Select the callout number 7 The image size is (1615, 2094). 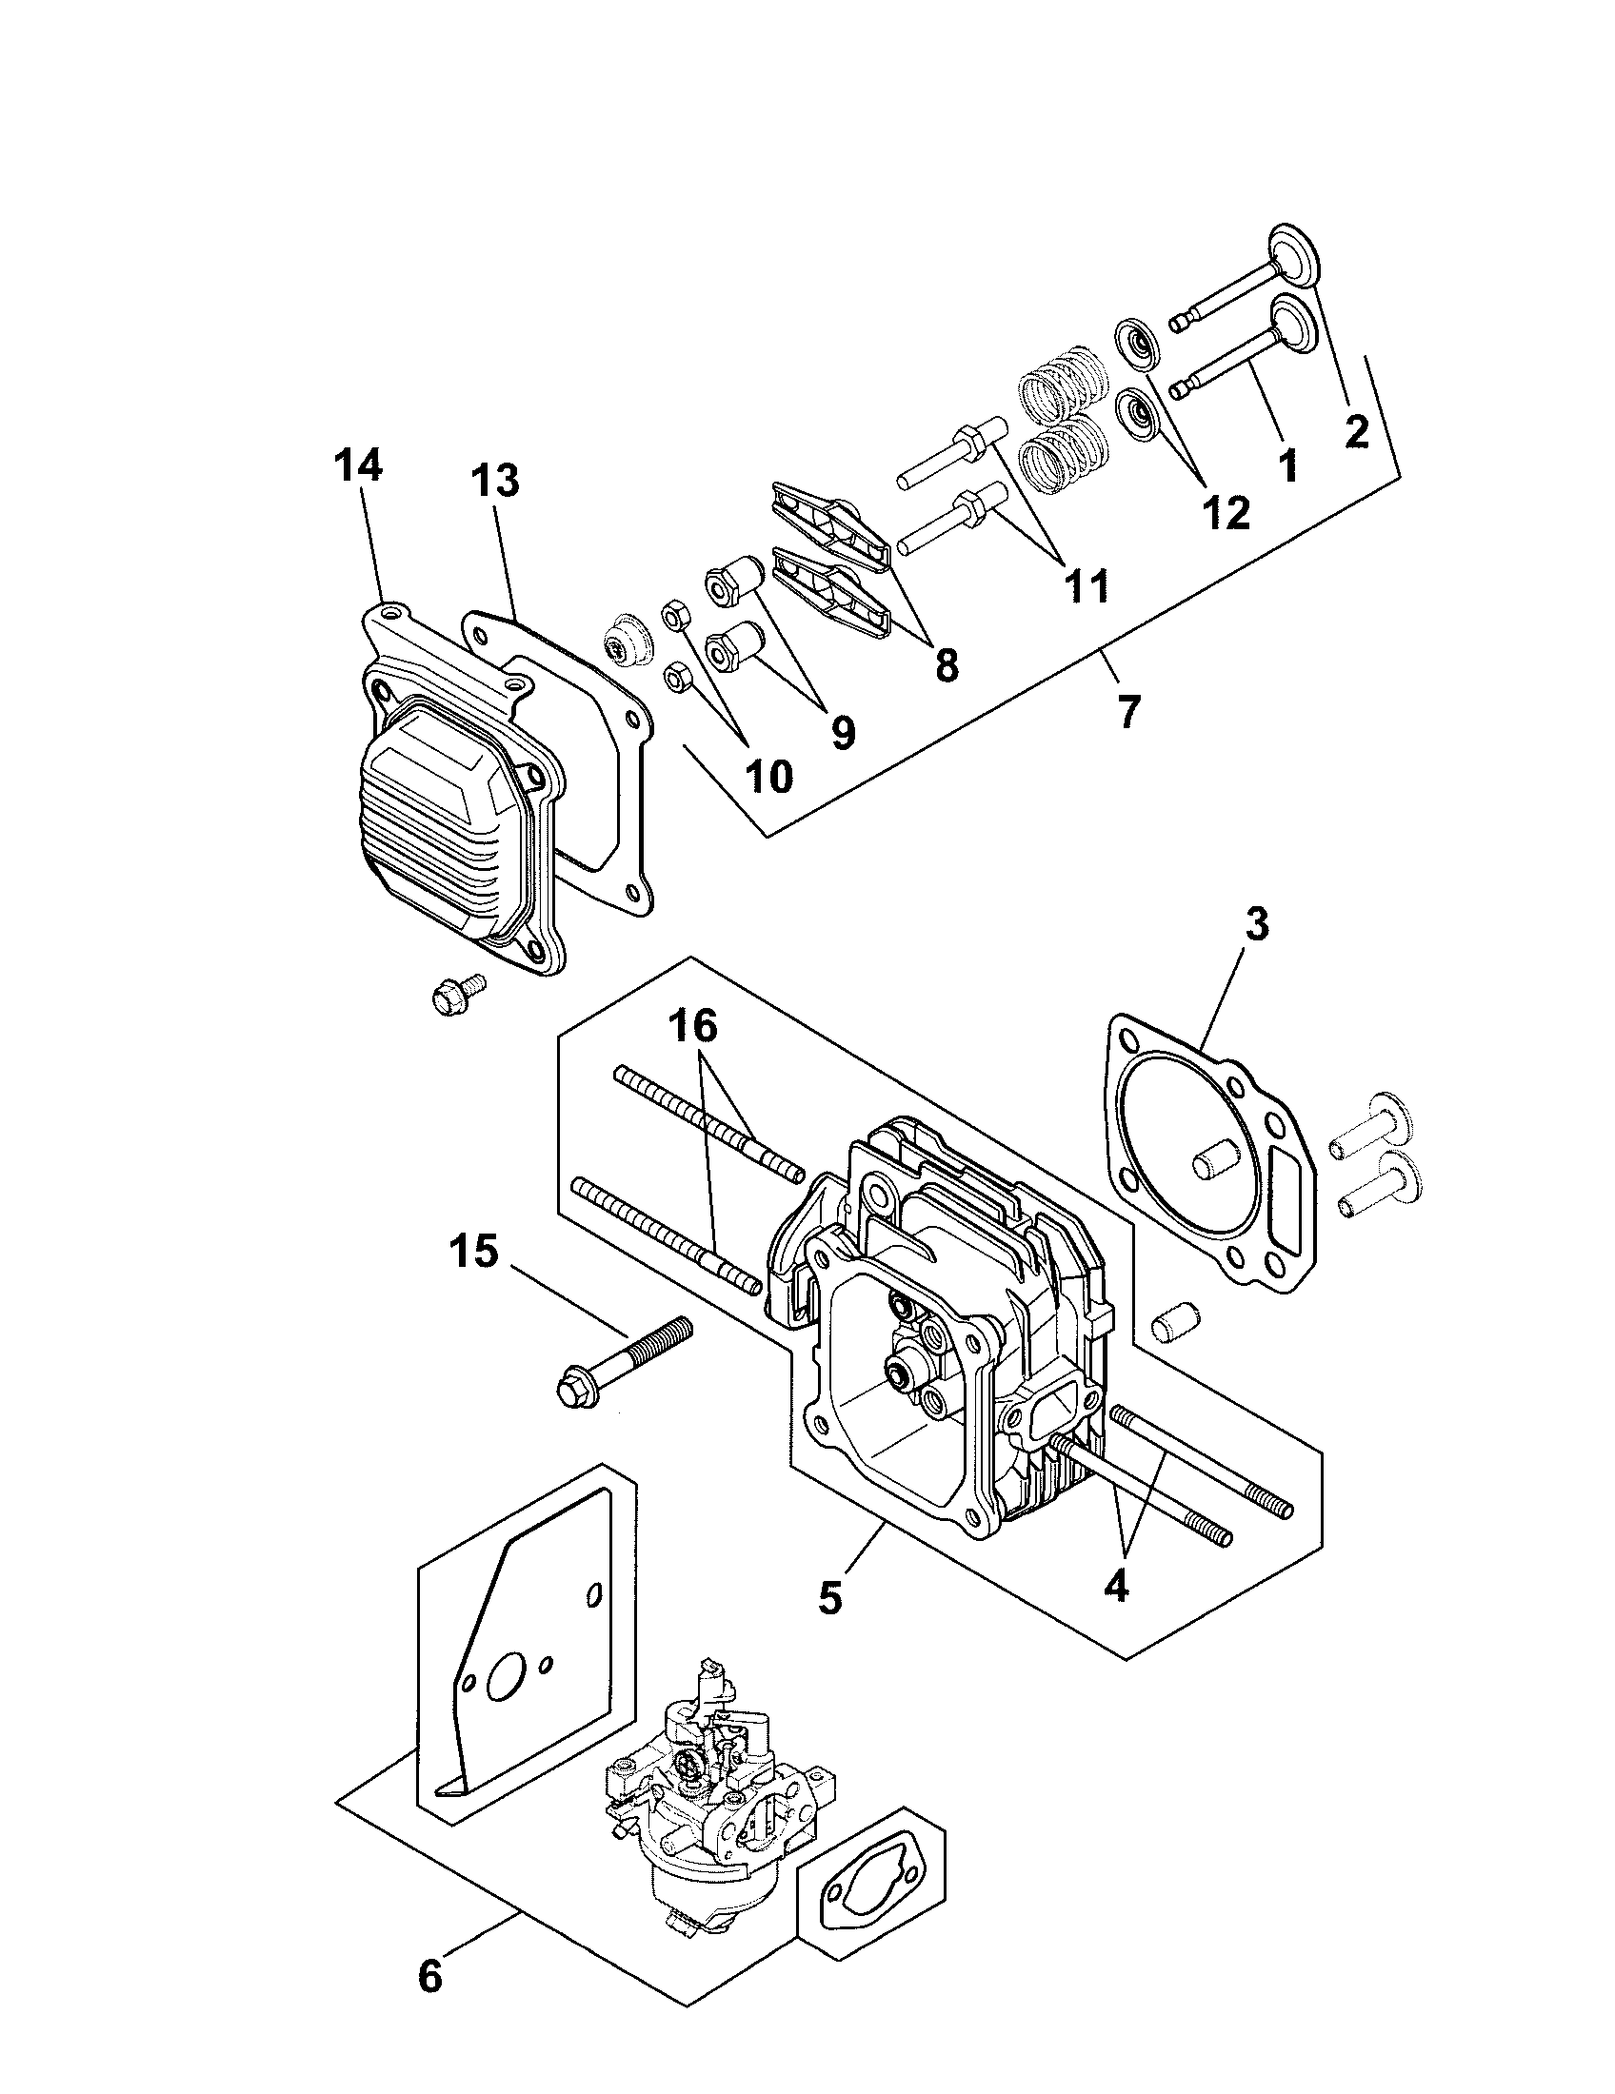(x=1128, y=710)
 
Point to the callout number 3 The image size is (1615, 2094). (x=1256, y=924)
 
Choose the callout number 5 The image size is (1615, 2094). (x=830, y=1597)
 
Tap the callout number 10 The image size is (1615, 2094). (x=768, y=776)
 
